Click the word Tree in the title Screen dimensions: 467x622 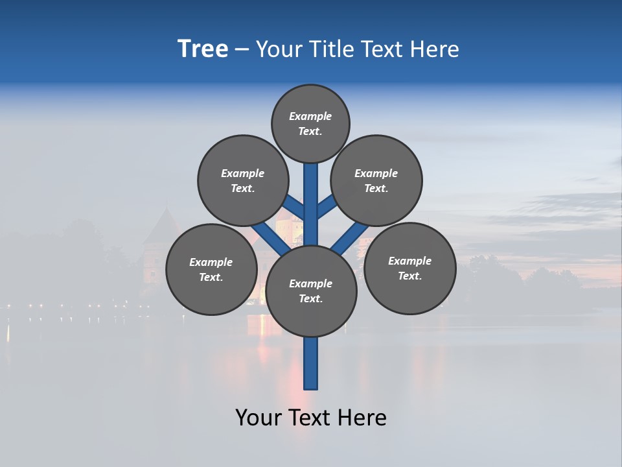203,49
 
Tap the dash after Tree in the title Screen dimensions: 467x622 242,50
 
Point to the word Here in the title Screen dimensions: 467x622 437,49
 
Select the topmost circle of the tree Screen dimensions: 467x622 310,123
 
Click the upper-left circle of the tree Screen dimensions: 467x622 242,180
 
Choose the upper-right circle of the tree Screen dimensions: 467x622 376,180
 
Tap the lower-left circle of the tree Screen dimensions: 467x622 211,269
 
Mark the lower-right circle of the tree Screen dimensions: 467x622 409,268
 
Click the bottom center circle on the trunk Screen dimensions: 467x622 311,291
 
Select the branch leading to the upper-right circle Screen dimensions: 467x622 327,206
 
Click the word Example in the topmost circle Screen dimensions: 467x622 310,116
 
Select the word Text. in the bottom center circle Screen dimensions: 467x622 310,298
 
